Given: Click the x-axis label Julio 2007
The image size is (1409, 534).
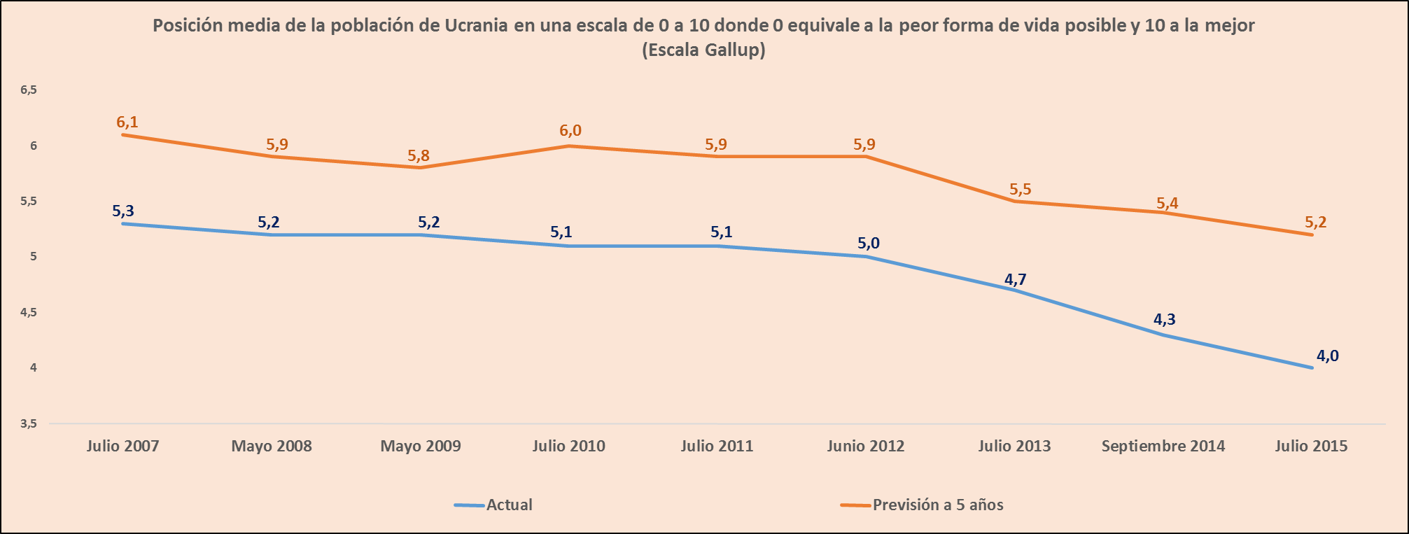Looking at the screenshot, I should click(122, 447).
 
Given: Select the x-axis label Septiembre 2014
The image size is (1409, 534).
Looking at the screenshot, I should click(1163, 447).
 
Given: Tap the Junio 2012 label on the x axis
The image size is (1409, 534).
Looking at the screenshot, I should click(865, 447).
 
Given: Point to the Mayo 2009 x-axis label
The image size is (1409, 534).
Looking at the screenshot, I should click(420, 447).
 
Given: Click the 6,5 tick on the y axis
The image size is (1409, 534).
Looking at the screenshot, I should click(29, 90).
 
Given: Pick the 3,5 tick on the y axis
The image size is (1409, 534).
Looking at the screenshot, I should click(29, 423).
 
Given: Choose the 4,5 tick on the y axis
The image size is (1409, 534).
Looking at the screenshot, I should click(29, 313).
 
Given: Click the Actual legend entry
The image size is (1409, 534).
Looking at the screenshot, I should click(509, 505).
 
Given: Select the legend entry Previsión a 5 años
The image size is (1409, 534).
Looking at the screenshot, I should click(937, 505).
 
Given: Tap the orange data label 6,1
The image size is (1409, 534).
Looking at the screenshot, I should click(127, 122).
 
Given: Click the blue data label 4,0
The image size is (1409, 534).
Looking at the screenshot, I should click(1327, 356).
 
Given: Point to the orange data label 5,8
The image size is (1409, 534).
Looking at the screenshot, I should click(419, 156).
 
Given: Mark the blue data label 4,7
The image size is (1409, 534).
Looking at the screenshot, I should click(1015, 280).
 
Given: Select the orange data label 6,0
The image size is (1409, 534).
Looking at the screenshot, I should click(570, 131).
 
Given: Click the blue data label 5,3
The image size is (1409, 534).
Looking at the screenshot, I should click(122, 211).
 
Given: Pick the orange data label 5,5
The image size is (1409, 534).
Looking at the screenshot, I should click(1020, 190).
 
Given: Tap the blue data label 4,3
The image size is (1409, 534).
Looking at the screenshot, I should click(1164, 320).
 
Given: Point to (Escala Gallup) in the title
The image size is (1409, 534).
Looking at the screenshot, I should click(703, 50).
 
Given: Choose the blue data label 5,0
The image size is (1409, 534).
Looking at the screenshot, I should click(868, 244).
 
